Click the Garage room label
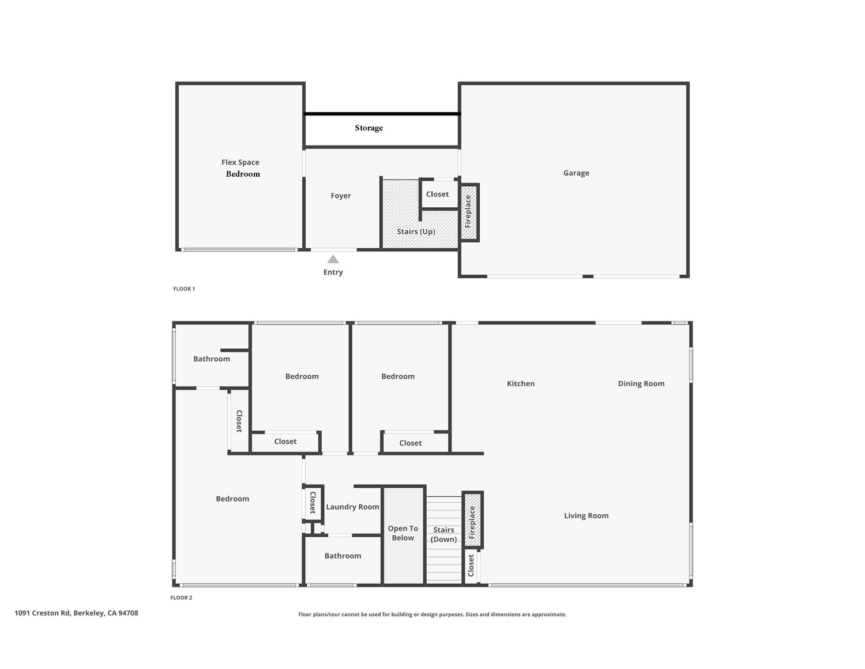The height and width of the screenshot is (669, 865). point(576,173)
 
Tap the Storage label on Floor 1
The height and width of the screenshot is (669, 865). point(368,128)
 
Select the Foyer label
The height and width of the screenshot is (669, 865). point(341,196)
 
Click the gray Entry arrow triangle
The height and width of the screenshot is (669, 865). point(333,259)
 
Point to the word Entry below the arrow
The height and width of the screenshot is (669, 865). point(333,272)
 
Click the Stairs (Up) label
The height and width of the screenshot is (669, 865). point(416,231)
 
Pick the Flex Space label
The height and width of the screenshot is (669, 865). point(240,162)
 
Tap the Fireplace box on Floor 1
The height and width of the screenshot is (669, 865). point(469,212)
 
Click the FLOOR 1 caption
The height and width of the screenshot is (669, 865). point(184,289)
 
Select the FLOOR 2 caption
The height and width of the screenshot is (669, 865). point(181,597)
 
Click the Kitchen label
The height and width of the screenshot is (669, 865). point(521,384)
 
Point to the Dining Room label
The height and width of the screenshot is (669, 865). point(641,384)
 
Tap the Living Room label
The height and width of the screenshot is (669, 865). point(586,515)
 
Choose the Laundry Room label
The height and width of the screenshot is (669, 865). point(352,507)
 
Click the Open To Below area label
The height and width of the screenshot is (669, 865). point(403,533)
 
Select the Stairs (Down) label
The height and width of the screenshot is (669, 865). point(443,535)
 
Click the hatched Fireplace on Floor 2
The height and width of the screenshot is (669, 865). point(472,520)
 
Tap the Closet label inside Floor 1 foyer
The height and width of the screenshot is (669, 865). point(437,194)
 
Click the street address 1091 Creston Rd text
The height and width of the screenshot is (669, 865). point(77,613)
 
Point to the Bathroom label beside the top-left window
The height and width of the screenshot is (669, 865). point(212,359)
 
